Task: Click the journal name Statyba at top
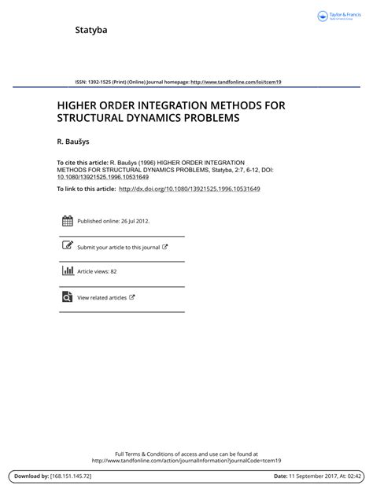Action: pos(90,31)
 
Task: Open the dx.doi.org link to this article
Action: pos(189,189)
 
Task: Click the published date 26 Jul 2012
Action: pos(134,222)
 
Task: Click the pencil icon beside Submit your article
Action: pos(67,246)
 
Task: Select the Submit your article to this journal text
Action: pos(118,247)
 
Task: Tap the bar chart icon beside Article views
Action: pos(67,271)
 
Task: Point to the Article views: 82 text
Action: pos(97,272)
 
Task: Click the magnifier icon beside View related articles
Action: pos(67,296)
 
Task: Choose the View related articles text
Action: pos(102,298)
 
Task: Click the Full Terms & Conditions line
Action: pos(186,454)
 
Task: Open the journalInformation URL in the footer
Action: pos(186,461)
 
